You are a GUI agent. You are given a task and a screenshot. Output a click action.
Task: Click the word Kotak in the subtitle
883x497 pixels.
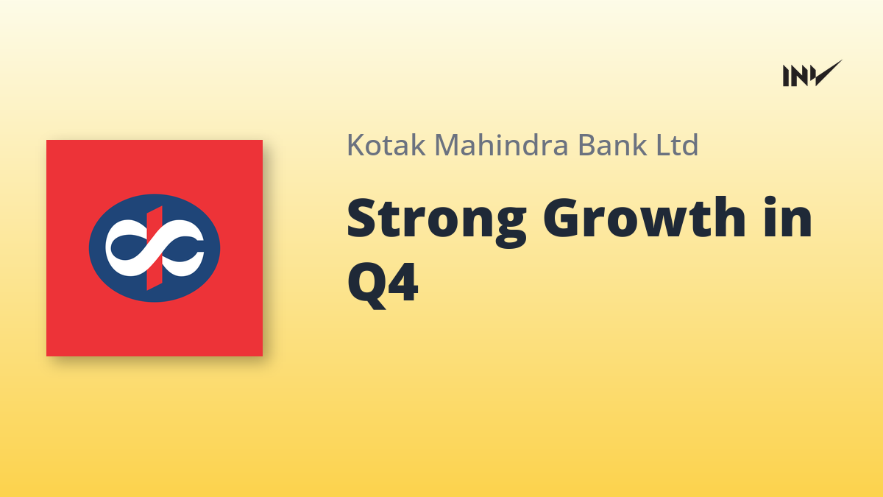pyautogui.click(x=386, y=145)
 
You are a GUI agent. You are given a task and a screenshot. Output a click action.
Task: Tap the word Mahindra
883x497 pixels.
pyautogui.click(x=501, y=144)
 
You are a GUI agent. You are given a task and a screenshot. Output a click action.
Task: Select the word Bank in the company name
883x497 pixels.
pyautogui.click(x=612, y=144)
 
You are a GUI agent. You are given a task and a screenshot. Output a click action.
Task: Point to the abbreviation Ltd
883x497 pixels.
pyautogui.click(x=677, y=144)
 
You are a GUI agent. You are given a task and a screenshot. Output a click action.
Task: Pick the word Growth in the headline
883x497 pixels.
pyautogui.click(x=645, y=217)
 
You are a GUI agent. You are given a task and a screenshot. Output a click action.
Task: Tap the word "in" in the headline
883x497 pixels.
pyautogui.click(x=788, y=217)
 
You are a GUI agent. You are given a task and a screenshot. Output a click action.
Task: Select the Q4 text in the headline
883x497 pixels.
pyautogui.click(x=383, y=285)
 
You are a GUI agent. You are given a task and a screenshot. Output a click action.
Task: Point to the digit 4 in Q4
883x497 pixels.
pyautogui.click(x=403, y=282)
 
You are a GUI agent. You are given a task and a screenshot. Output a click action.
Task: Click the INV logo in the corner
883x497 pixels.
pyautogui.click(x=812, y=74)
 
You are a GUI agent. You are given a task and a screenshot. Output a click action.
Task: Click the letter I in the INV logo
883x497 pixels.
pyautogui.click(x=786, y=76)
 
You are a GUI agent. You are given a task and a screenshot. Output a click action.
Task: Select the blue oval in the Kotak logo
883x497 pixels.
pyautogui.click(x=154, y=248)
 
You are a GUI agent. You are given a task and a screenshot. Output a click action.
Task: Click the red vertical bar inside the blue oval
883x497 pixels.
pyautogui.click(x=154, y=248)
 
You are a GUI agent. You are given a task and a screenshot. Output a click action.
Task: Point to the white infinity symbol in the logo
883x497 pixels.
pyautogui.click(x=154, y=248)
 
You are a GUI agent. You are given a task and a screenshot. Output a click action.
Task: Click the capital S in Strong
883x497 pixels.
pyautogui.click(x=361, y=217)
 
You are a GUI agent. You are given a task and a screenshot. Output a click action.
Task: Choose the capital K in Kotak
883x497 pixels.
pyautogui.click(x=356, y=145)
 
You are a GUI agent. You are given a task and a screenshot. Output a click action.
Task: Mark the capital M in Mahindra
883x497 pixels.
pyautogui.click(x=448, y=145)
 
